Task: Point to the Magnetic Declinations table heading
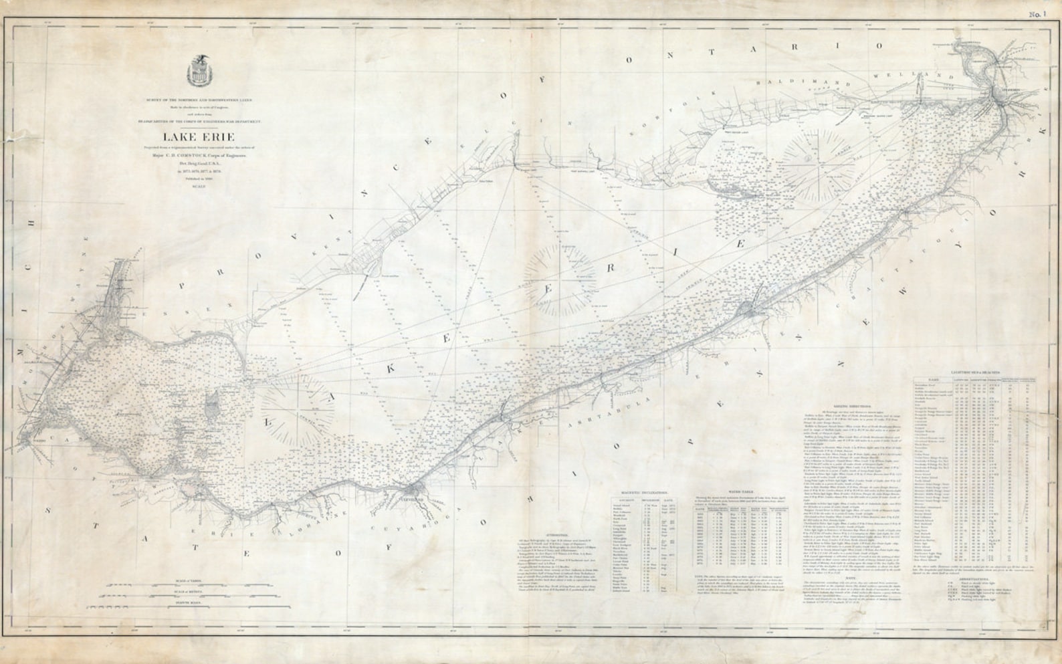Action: (x=645, y=491)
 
